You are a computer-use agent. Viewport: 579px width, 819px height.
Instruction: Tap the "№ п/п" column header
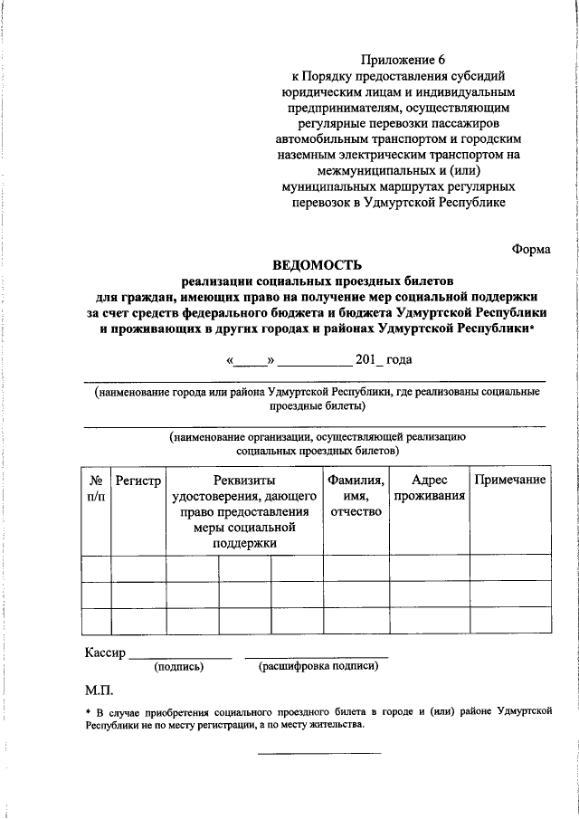(96, 488)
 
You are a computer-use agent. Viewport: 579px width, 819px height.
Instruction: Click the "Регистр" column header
(138, 480)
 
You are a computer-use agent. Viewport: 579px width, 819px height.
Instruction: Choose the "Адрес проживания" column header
(428, 488)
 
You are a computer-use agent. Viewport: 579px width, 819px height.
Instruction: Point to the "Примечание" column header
(510, 480)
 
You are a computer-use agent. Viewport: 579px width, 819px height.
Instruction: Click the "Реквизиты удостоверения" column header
(244, 511)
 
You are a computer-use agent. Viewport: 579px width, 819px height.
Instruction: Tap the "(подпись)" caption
(179, 667)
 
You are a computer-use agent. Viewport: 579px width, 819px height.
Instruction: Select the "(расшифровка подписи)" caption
(318, 667)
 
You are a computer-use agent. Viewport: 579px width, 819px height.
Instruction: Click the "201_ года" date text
(384, 360)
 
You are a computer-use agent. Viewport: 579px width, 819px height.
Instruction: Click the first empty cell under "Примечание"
(510, 567)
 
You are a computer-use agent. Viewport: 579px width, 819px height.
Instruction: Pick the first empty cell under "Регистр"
(138, 567)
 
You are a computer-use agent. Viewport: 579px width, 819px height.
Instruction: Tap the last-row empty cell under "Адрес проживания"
(428, 622)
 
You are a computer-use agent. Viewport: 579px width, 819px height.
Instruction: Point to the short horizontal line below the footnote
(319, 753)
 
